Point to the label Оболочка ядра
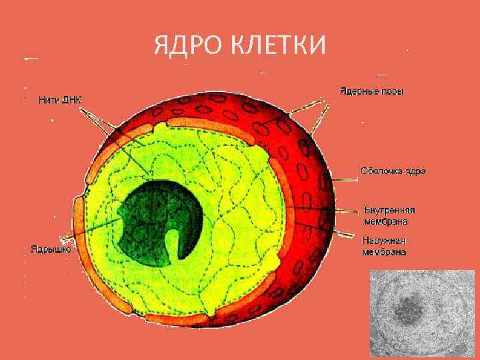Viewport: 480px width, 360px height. (x=393, y=171)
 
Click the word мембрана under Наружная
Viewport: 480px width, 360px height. (x=384, y=252)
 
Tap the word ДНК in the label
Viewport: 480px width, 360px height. (x=73, y=100)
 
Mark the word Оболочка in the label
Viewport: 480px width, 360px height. (x=381, y=171)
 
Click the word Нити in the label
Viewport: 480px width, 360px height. (x=49, y=100)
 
